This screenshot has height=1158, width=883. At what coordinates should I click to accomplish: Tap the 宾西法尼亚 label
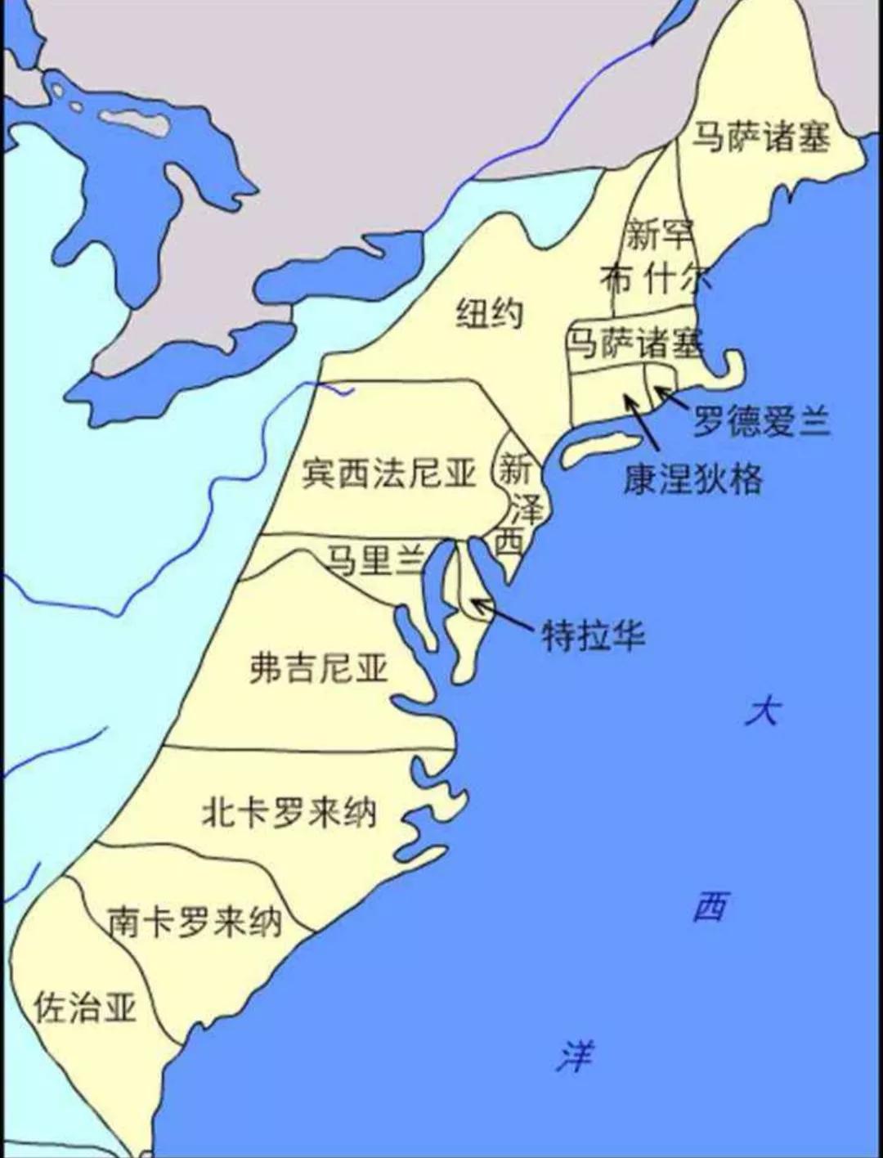[x=388, y=473]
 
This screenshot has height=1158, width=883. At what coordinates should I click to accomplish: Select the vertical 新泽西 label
[x=517, y=504]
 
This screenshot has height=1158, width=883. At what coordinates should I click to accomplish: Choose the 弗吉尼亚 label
[x=318, y=668]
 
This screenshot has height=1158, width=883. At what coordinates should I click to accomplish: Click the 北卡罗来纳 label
[x=289, y=812]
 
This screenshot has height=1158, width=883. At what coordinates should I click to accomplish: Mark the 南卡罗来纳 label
[x=195, y=922]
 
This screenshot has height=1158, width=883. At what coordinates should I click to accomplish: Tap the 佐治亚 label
[x=85, y=1008]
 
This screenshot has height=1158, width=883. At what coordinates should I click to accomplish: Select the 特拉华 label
[x=594, y=635]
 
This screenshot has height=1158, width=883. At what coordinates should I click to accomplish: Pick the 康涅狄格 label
[x=693, y=478]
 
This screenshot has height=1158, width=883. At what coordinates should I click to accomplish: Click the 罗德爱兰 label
[x=761, y=421]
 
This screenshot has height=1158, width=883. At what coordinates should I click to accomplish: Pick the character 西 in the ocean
[x=710, y=906]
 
